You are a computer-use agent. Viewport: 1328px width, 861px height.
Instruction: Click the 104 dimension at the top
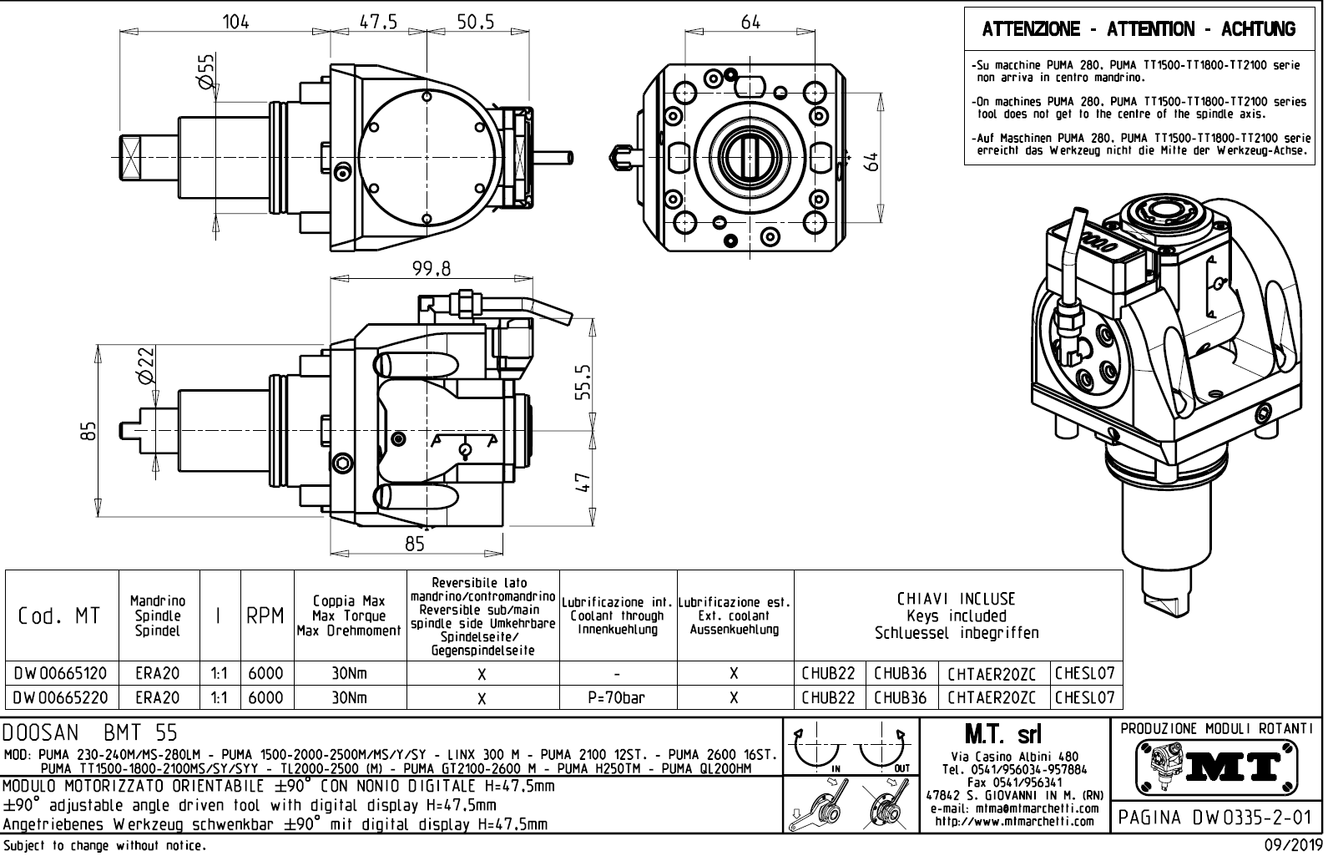(235, 22)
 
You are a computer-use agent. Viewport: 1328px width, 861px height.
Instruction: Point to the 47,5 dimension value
(377, 22)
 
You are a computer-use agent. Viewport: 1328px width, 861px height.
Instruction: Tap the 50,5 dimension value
(476, 22)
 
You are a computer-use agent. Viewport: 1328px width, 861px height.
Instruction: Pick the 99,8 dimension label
(432, 268)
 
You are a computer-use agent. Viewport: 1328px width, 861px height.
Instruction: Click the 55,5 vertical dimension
(583, 382)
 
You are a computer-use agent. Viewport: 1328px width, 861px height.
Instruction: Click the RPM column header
(266, 617)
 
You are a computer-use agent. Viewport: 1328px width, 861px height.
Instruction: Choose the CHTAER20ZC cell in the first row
(991, 674)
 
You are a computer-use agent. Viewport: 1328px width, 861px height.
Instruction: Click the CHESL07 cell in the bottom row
(1084, 697)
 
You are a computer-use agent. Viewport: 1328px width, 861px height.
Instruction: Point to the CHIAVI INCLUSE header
(956, 599)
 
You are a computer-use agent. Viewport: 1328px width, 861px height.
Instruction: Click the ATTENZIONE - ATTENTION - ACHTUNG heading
(1139, 29)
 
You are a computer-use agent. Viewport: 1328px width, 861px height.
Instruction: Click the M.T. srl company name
(1012, 735)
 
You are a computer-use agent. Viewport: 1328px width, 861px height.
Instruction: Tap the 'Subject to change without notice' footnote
(104, 846)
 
